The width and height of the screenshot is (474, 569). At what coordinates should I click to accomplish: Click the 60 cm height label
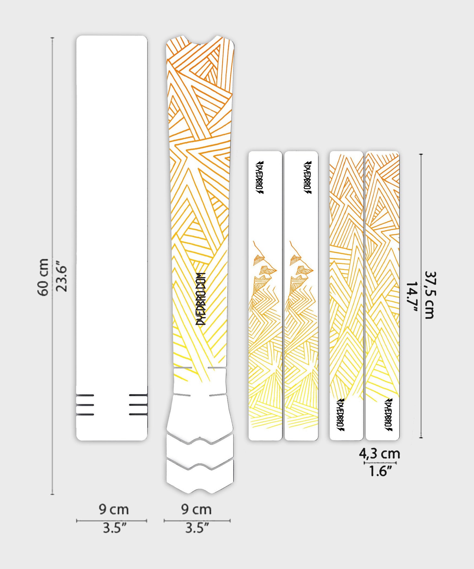point(43,277)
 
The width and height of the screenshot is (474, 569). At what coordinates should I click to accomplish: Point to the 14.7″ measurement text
point(412,297)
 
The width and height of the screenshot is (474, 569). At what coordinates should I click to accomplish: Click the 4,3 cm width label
point(379,454)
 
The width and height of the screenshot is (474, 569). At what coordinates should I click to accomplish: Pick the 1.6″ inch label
point(381,471)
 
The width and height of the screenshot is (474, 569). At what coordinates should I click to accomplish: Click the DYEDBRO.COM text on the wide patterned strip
point(201,299)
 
